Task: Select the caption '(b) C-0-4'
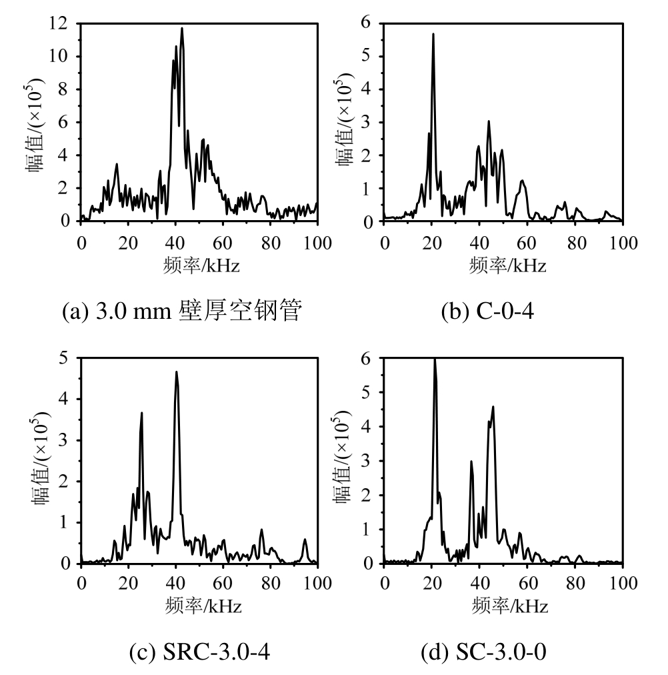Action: pos(487,311)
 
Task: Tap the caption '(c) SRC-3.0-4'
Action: pos(199,654)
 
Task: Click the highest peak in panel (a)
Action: pos(181,29)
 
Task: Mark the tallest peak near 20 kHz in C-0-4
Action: pos(433,34)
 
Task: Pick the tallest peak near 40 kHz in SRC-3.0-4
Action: pos(177,372)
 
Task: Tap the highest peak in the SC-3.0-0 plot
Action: pos(435,360)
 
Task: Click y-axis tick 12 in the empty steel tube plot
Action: pos(62,24)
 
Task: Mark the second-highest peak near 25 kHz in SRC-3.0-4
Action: pos(141,413)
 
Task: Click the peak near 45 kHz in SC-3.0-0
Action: pos(493,407)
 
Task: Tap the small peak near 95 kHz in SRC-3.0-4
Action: pos(305,540)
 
